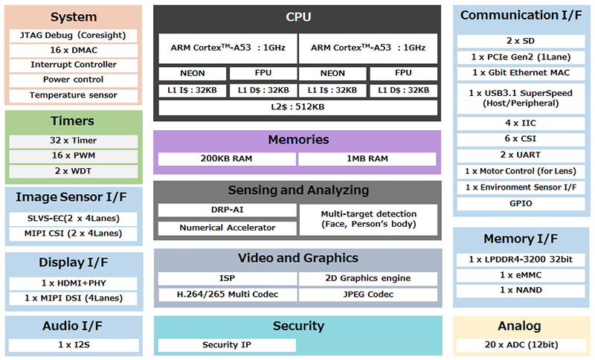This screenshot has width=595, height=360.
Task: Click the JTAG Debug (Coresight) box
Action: [x=74, y=36]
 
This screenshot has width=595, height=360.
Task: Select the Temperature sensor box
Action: [x=74, y=94]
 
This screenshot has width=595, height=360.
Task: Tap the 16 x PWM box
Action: [x=74, y=155]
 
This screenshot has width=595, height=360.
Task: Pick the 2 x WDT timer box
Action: [x=74, y=170]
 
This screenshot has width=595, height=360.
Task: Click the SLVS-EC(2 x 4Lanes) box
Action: [x=74, y=219]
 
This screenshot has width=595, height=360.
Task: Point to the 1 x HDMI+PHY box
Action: [x=74, y=283]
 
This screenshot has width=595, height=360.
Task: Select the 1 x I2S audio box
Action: [x=74, y=345]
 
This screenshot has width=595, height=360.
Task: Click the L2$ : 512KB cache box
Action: [x=297, y=107]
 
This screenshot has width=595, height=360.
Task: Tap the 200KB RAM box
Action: [x=226, y=159]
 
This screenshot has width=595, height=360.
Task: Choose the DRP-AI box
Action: [x=226, y=210]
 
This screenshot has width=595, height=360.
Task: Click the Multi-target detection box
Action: [x=369, y=219]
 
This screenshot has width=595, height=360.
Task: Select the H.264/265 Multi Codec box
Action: [x=226, y=295]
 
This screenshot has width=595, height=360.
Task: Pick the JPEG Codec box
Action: [x=369, y=295]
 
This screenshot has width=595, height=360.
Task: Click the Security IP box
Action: [x=226, y=345]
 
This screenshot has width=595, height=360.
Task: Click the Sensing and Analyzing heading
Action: [x=297, y=190]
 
